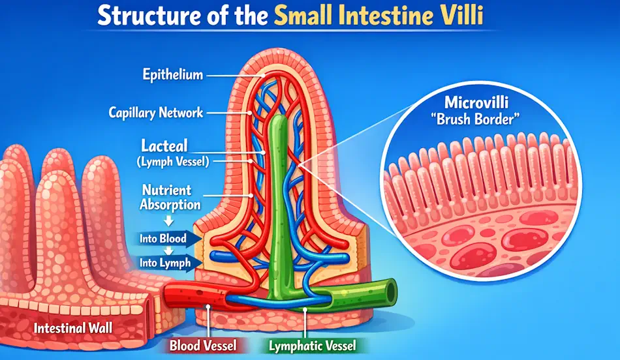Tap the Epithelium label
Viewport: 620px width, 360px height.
tap(172, 75)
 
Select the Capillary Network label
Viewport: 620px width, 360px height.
tap(156, 113)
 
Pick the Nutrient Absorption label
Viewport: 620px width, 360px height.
tap(167, 198)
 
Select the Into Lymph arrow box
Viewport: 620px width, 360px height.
tap(166, 263)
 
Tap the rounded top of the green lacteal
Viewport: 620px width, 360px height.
tap(280, 121)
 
